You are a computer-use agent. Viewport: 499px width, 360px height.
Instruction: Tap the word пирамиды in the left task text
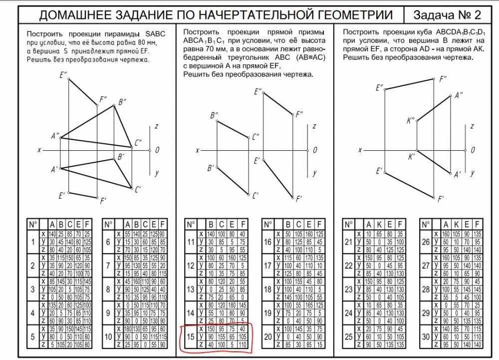118,33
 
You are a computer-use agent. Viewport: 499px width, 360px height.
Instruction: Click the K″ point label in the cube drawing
410,120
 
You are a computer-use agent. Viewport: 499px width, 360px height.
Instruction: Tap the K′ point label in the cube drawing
412,157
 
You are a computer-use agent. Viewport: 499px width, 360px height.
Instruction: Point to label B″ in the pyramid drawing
122,102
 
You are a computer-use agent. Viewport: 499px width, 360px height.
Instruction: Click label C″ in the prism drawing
255,136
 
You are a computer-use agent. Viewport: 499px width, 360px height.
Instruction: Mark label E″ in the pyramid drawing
63,76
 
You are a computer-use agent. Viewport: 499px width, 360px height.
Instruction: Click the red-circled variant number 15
190,336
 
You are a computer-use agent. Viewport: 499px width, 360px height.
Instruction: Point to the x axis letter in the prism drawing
198,150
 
